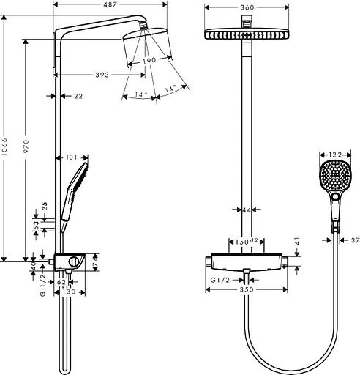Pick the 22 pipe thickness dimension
point(78,96)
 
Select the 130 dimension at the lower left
point(67,292)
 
